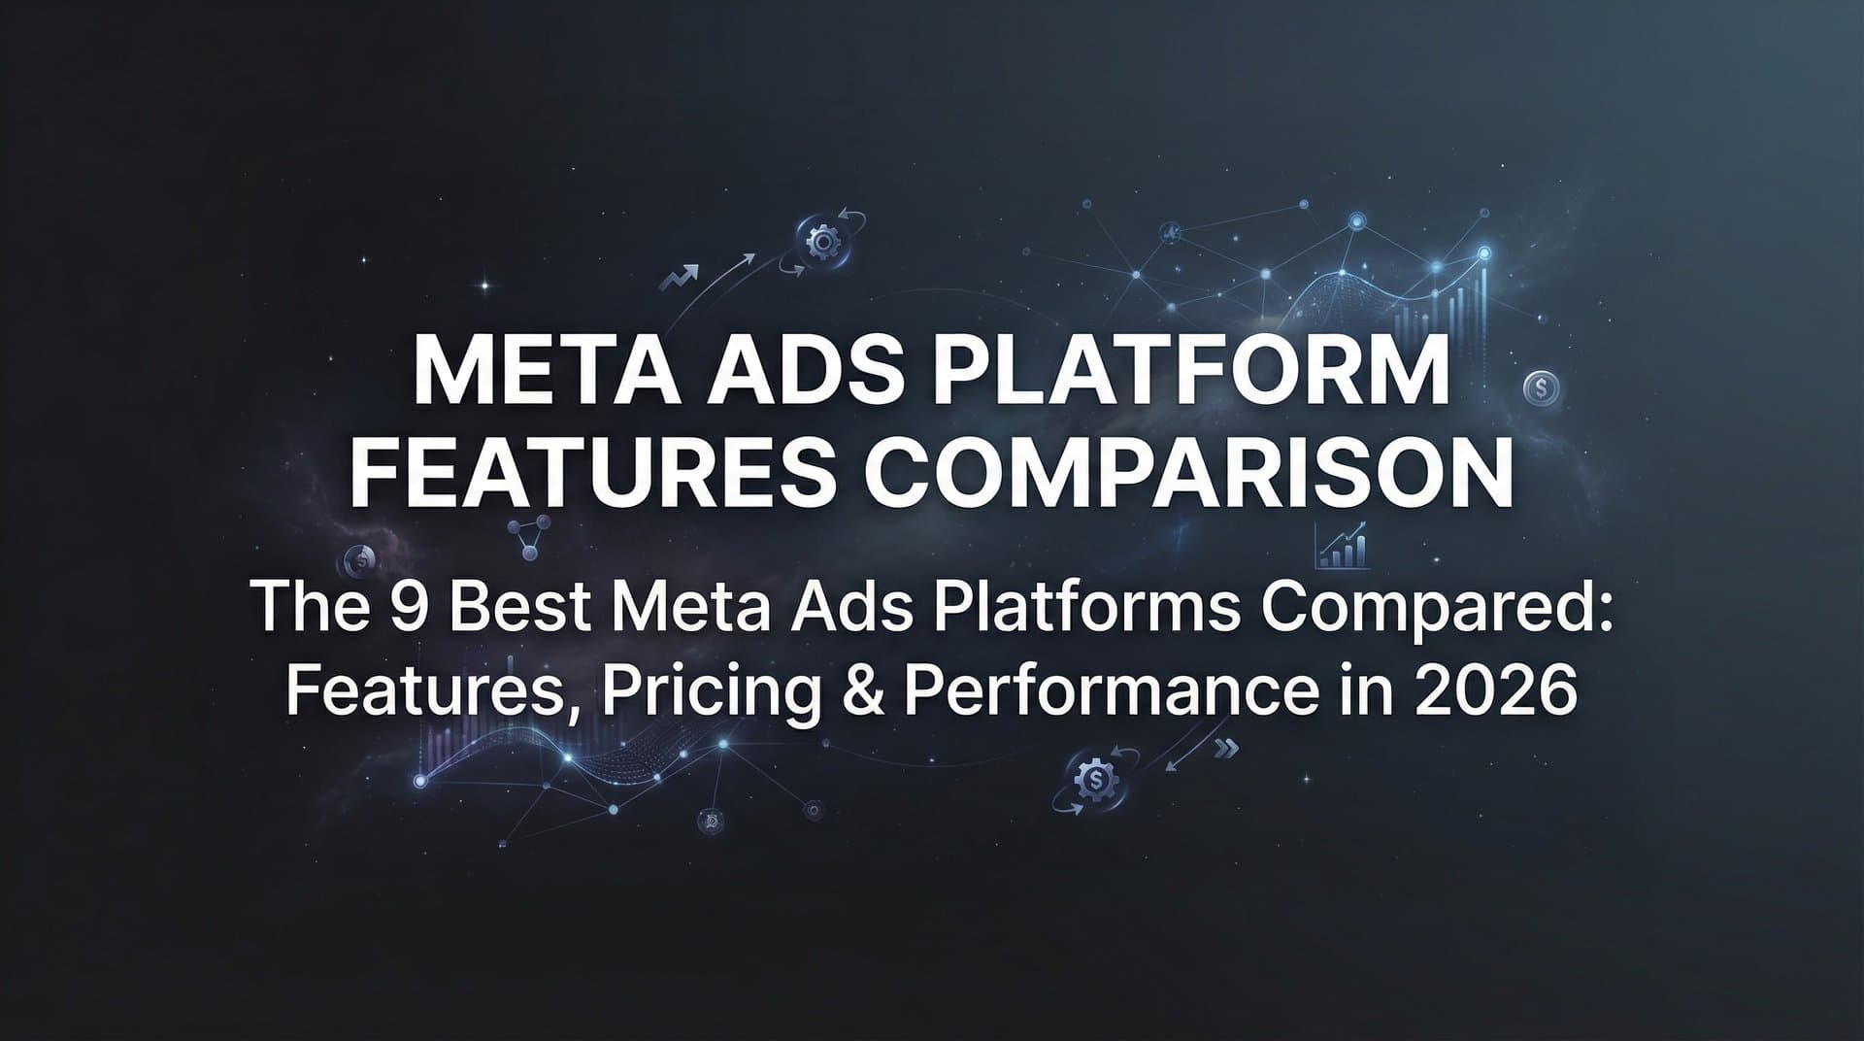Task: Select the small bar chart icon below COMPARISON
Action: coord(1344,548)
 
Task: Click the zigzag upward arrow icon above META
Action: coord(679,279)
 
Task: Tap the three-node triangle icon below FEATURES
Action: coord(530,537)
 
